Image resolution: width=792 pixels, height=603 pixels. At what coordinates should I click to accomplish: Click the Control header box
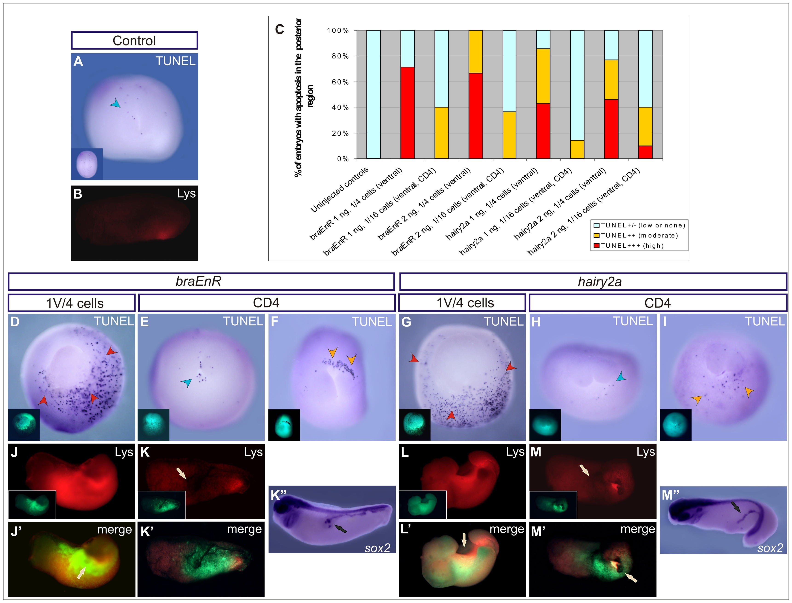click(x=134, y=40)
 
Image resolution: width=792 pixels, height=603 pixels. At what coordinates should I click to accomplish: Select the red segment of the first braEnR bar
click(x=407, y=113)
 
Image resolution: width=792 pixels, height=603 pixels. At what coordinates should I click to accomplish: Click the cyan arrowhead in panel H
click(x=621, y=376)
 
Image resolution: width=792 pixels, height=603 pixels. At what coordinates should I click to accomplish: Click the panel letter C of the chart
click(x=279, y=29)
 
